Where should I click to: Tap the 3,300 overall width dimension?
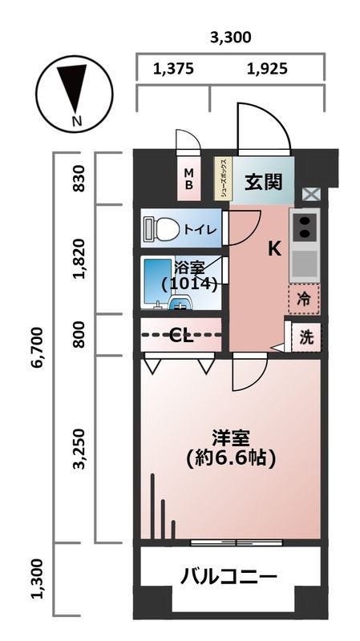coord(230,37)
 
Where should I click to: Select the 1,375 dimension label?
coord(173,69)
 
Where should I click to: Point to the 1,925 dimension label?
coord(266,69)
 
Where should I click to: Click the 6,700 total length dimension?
coord(37,346)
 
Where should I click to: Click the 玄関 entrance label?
coord(264,182)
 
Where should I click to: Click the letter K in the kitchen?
coord(274,249)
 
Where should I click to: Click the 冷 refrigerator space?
coord(304,299)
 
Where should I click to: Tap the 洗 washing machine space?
coord(306,337)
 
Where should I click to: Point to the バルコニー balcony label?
coord(229,576)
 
